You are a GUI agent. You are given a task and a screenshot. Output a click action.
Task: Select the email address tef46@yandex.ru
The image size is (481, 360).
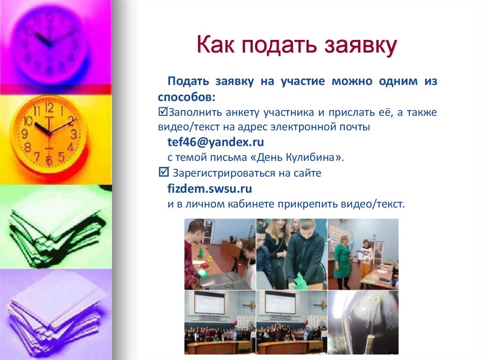click(x=216, y=142)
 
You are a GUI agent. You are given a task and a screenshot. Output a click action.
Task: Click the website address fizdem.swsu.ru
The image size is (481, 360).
click(x=210, y=189)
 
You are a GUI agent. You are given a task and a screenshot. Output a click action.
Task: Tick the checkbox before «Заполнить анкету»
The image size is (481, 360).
click(x=163, y=113)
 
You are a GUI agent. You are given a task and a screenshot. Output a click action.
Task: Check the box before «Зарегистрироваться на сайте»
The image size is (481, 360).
click(x=163, y=173)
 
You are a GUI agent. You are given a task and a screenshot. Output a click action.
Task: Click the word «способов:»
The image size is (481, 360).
click(x=187, y=97)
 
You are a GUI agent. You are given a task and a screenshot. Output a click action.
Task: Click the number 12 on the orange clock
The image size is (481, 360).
click(x=49, y=107)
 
